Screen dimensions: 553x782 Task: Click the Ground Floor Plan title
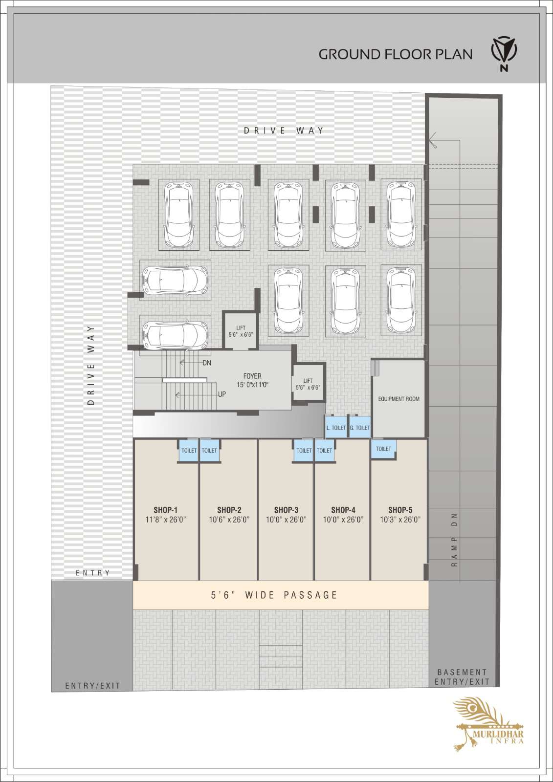click(395, 54)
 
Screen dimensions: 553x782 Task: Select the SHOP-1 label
click(166, 510)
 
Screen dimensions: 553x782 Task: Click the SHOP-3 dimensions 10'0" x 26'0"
click(286, 520)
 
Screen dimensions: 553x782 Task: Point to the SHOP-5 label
click(400, 510)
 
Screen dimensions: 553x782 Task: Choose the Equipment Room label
click(398, 399)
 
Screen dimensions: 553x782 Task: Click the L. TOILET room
click(336, 427)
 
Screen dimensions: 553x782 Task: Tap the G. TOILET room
click(360, 427)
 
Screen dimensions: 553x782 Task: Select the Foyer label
click(252, 376)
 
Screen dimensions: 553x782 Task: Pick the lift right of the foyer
click(308, 384)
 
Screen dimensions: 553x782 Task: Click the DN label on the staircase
click(207, 363)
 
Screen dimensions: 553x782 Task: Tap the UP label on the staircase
click(222, 394)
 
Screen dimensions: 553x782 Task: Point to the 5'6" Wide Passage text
click(274, 595)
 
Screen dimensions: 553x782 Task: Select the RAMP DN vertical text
click(454, 540)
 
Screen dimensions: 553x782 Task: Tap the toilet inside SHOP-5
click(383, 449)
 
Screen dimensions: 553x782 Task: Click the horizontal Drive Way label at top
click(284, 130)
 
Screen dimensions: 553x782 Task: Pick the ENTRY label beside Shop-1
click(92, 573)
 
